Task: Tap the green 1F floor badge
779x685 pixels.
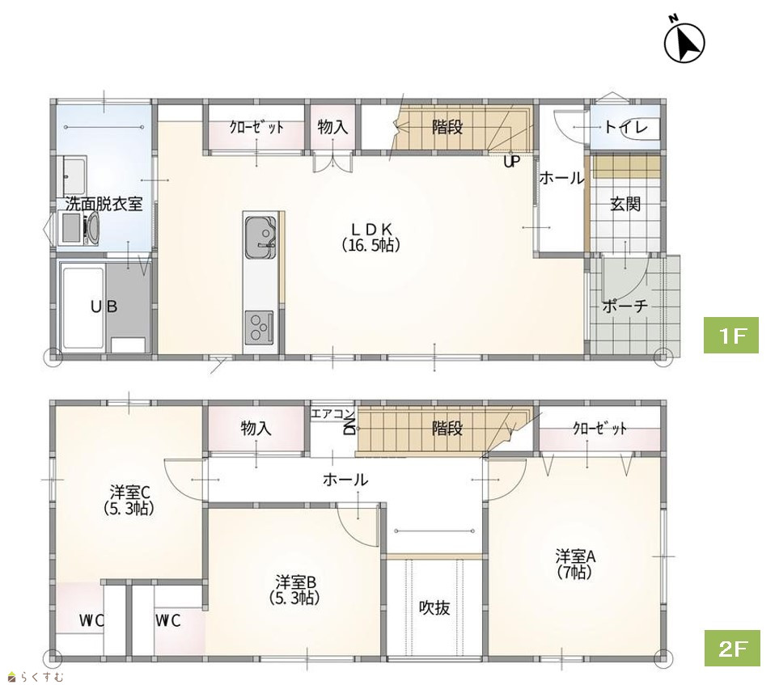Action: (x=730, y=336)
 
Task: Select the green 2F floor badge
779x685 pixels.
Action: (x=732, y=649)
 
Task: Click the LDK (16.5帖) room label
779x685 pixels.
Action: (x=372, y=237)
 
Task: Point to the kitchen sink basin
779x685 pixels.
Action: (x=260, y=237)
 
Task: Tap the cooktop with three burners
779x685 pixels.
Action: (x=259, y=327)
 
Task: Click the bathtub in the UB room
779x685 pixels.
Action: (x=83, y=308)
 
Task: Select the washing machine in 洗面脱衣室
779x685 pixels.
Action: (x=79, y=228)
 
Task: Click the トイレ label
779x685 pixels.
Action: (x=625, y=128)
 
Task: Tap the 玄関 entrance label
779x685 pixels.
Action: (x=625, y=204)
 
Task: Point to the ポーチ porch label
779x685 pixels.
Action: (x=625, y=306)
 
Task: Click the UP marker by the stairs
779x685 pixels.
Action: (x=512, y=162)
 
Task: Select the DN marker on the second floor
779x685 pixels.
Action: (x=349, y=427)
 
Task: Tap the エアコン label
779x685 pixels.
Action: (x=332, y=413)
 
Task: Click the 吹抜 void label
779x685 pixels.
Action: (x=434, y=607)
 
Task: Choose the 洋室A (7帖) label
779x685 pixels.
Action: (x=575, y=564)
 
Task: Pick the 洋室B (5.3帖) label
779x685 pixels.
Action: (x=295, y=590)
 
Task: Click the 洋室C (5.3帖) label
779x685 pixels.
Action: (x=129, y=501)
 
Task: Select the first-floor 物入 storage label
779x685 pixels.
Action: (x=332, y=127)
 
